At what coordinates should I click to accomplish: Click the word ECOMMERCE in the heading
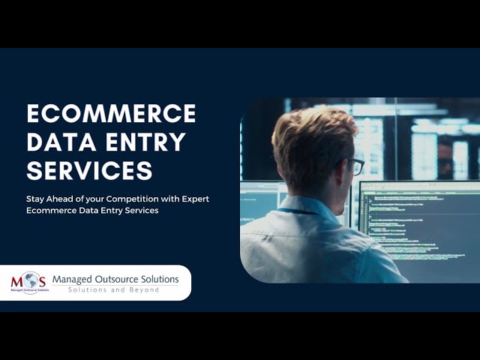111,113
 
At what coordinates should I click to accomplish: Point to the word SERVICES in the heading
89,170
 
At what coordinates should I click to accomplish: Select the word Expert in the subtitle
193,199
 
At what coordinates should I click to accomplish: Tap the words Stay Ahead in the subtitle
46,199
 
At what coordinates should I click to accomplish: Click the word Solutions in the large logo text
161,280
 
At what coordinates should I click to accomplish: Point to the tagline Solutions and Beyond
114,290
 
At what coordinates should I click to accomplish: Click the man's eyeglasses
355,166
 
